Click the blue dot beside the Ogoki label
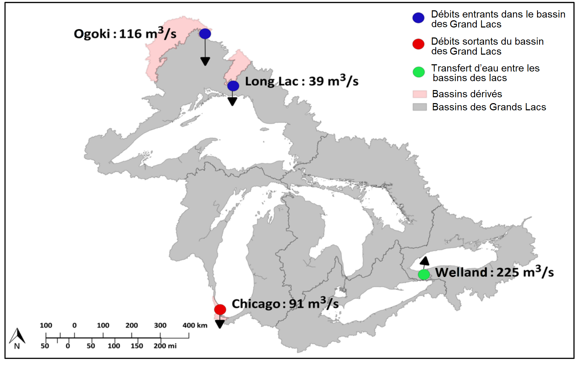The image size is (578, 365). pos(205,34)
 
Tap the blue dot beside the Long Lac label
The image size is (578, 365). pos(233,86)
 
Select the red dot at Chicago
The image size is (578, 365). pos(220,309)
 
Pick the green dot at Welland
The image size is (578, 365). pos(424,275)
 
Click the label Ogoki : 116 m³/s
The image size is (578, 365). pos(125,34)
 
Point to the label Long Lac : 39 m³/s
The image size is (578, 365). pos(302,81)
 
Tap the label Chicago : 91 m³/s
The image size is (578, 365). pos(285,303)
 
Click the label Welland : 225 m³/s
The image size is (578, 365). pos(494,272)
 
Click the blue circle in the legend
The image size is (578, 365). pos(418,18)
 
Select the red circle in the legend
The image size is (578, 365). pos(418,44)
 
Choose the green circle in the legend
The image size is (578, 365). pos(419,72)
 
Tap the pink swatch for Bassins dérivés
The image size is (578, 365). pos(420,94)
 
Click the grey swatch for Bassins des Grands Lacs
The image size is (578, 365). pos(420,107)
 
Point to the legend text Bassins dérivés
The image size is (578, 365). pos(467,94)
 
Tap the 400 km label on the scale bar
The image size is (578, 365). pos(195,325)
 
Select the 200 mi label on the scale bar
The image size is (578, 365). pos(165,346)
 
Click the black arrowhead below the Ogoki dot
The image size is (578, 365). pos(205,62)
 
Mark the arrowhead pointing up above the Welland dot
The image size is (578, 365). pos(424,261)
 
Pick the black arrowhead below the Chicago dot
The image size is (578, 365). pos(220,324)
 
